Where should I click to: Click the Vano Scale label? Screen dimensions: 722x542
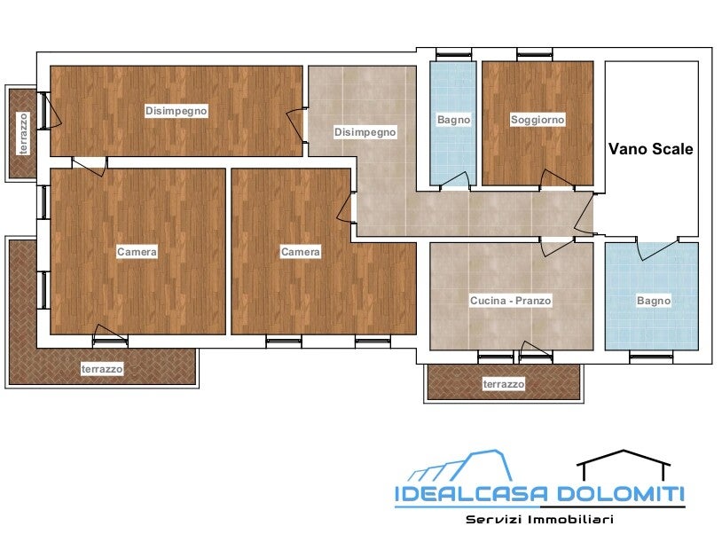point(651,149)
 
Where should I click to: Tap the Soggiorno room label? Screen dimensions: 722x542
point(538,120)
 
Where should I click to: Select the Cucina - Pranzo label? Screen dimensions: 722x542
point(510,301)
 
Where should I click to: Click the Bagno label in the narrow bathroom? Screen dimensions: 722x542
point(453,120)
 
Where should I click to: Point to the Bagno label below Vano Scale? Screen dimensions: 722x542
point(654,302)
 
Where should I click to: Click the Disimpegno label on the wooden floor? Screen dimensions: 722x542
point(176,111)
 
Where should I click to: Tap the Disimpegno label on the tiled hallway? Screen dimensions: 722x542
point(365,133)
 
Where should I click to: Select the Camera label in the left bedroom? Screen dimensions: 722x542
point(137,252)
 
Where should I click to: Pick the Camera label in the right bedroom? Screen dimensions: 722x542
point(300,252)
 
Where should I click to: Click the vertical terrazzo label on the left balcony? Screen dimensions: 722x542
point(24,134)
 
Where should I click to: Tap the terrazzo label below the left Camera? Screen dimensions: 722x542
point(102,369)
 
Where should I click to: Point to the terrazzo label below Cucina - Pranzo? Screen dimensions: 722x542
point(503,383)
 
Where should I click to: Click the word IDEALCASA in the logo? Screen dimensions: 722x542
point(472,493)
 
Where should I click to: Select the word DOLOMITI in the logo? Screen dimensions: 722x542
point(621,493)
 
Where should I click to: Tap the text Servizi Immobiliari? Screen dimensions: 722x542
point(539,520)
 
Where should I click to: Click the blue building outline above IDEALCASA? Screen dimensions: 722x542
point(460,466)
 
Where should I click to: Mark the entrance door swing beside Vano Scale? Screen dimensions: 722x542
point(584,213)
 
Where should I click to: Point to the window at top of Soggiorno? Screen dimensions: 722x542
point(534,55)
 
